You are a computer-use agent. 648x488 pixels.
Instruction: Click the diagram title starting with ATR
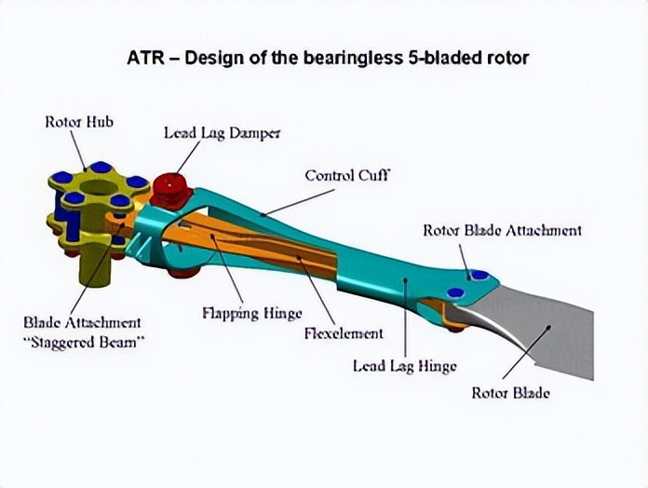(328, 58)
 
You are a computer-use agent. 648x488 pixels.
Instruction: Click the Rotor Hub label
(80, 122)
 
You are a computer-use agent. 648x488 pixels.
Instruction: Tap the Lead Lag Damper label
(223, 132)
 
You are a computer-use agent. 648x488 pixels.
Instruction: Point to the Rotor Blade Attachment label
(502, 230)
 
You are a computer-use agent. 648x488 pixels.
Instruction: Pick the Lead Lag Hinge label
(404, 365)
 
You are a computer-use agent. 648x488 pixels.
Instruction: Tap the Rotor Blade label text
(510, 392)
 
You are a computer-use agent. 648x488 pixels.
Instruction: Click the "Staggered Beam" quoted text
(82, 342)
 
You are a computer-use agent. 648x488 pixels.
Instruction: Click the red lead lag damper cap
(170, 187)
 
